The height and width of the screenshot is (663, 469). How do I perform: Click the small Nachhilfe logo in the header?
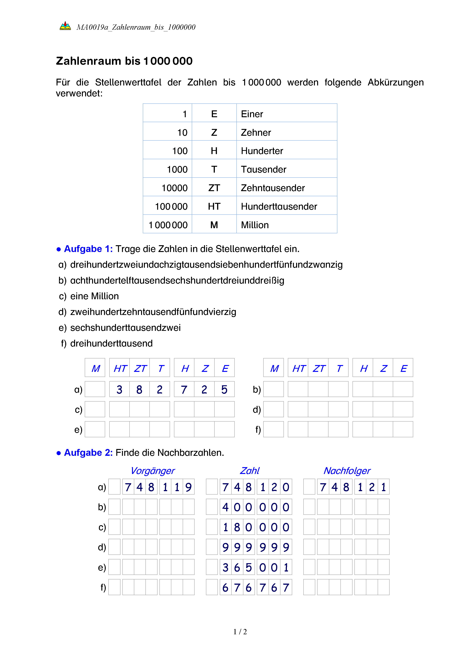pyautogui.click(x=65, y=26)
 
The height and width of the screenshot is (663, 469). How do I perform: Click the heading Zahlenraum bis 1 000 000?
pyautogui.click(x=124, y=61)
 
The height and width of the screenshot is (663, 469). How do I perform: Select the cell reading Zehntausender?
pyautogui.click(x=273, y=188)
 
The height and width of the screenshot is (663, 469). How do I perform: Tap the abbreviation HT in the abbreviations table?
pyautogui.click(x=214, y=206)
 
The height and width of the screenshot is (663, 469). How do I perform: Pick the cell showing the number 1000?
pyautogui.click(x=177, y=170)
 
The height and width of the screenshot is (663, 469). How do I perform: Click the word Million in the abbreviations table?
pyautogui.click(x=255, y=225)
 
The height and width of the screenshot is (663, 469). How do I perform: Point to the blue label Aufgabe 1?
pyautogui.click(x=88, y=249)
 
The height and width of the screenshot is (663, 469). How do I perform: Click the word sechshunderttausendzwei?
pyautogui.click(x=125, y=328)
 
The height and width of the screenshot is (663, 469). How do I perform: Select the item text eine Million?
pyautogui.click(x=94, y=296)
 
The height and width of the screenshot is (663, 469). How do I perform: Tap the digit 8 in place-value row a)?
pyautogui.click(x=139, y=390)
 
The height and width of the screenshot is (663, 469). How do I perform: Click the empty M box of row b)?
pyautogui.click(x=273, y=389)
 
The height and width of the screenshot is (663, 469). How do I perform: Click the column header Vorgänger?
pyautogui.click(x=152, y=471)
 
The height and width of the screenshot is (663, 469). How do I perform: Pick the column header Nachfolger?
pyautogui.click(x=347, y=471)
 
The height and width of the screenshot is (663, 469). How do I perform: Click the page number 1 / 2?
pyautogui.click(x=240, y=632)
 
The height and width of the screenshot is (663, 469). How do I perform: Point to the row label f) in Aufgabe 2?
pyautogui.click(x=103, y=588)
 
